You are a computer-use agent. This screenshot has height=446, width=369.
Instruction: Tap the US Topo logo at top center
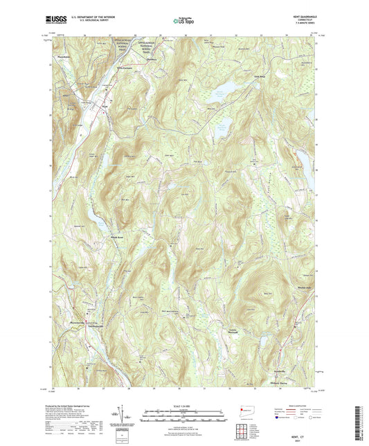pos(183,21)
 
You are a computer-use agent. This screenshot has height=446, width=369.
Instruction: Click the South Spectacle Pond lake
pos(223,127)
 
